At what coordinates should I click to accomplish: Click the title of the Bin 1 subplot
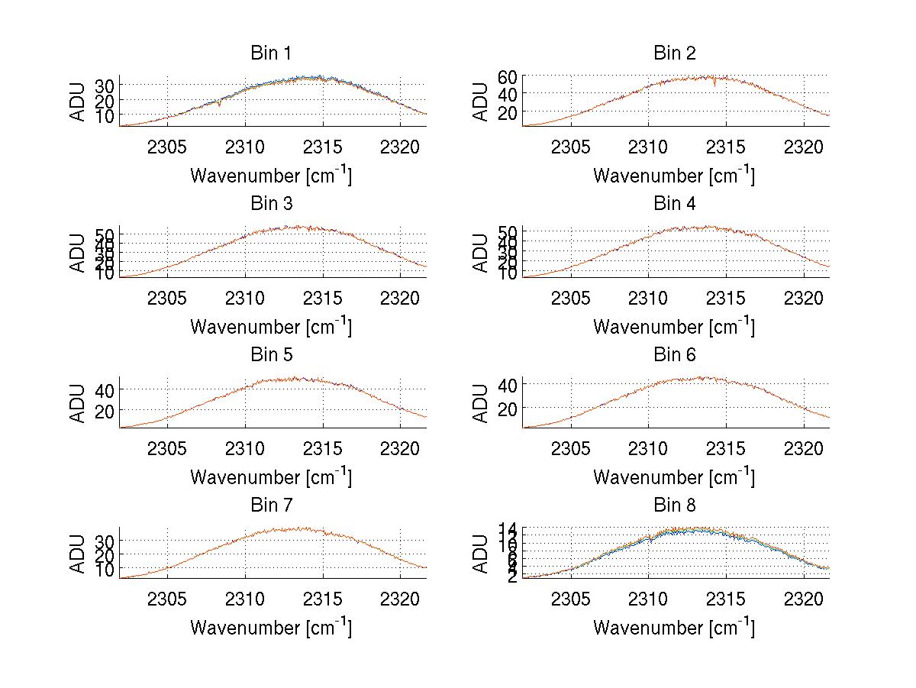pos(270,53)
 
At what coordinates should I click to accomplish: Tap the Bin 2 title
pos(675,53)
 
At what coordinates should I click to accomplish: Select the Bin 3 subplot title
pos(270,204)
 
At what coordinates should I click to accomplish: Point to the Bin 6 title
pos(675,355)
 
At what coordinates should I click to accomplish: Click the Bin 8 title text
pos(675,506)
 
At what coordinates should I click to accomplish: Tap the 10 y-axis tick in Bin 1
pos(105,115)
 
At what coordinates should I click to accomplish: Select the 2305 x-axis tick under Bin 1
pos(167,147)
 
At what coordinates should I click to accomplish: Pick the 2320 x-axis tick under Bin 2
pos(803,147)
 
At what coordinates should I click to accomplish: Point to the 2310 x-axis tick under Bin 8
pos(648,599)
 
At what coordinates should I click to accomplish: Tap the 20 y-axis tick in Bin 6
pos(508,409)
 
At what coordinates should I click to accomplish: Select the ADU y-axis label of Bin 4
pos(480,252)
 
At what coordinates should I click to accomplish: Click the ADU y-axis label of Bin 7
pos(77,554)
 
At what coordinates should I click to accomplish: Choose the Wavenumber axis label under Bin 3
pos(270,326)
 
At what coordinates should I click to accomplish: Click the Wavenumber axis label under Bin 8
pos(675,628)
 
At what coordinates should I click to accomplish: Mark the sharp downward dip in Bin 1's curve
pos(220,105)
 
